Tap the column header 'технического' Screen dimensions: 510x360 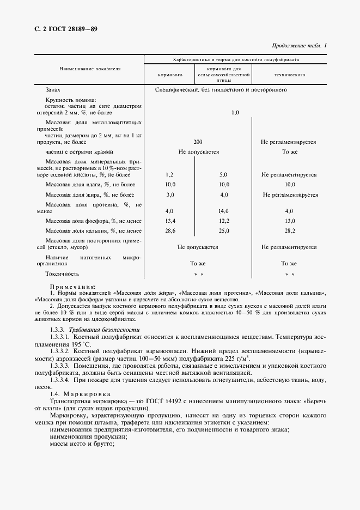tap(289, 74)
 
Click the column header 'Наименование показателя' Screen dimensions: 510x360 tap(90, 70)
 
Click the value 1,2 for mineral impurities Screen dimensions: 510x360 tap(169, 175)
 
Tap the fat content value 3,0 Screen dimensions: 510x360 tap(169, 195)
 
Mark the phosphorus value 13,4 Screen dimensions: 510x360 tap(169, 221)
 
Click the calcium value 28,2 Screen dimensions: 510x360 tap(289, 231)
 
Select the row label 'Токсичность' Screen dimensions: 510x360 tap(63, 274)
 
